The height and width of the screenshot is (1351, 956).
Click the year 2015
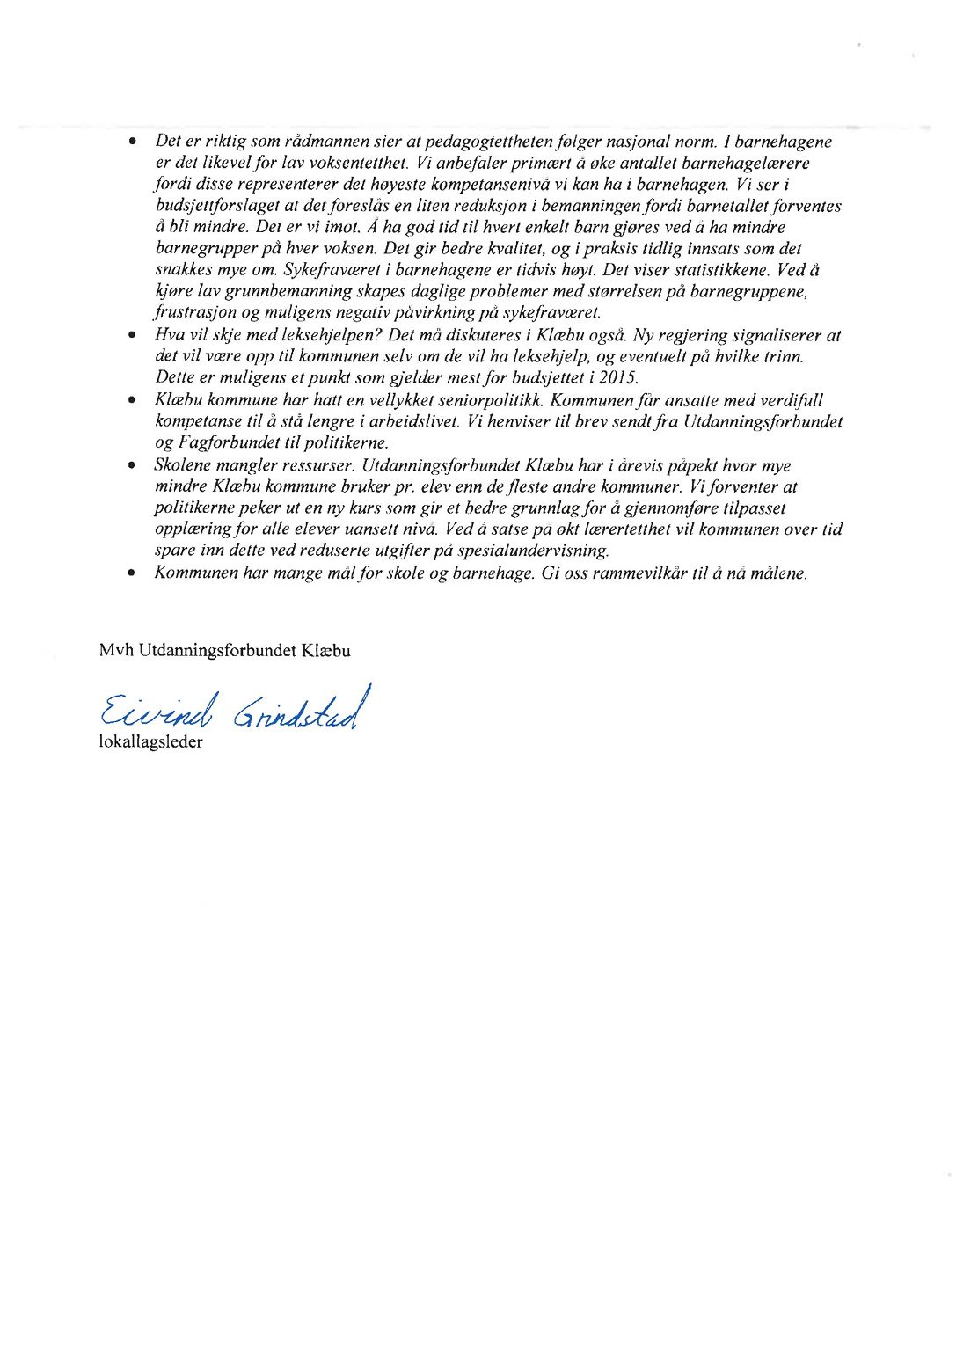coord(619,378)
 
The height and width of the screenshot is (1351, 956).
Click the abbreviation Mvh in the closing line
coord(116,651)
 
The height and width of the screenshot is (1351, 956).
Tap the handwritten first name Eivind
coord(156,711)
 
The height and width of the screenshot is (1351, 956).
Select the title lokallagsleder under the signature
coord(150,742)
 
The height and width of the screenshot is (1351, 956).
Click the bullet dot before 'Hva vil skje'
coord(132,336)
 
